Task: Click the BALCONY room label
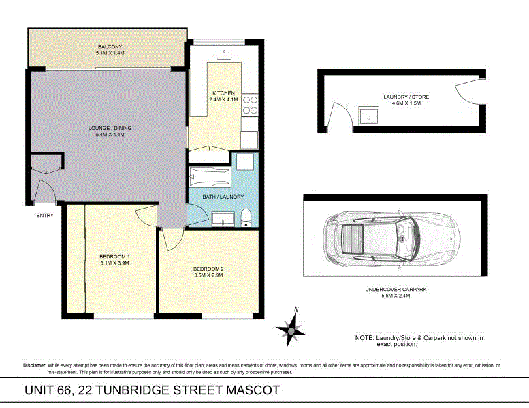point(109,47)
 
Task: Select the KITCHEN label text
point(223,93)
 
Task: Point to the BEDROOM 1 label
point(114,256)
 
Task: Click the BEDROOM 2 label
point(208,269)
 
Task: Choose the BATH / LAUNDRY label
point(223,197)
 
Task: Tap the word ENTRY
point(45,216)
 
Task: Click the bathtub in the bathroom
point(210,178)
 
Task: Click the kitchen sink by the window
point(224,53)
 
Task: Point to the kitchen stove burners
point(252,104)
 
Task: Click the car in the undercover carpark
point(394,238)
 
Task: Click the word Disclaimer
point(34,366)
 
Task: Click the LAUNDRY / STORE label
point(406,97)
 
